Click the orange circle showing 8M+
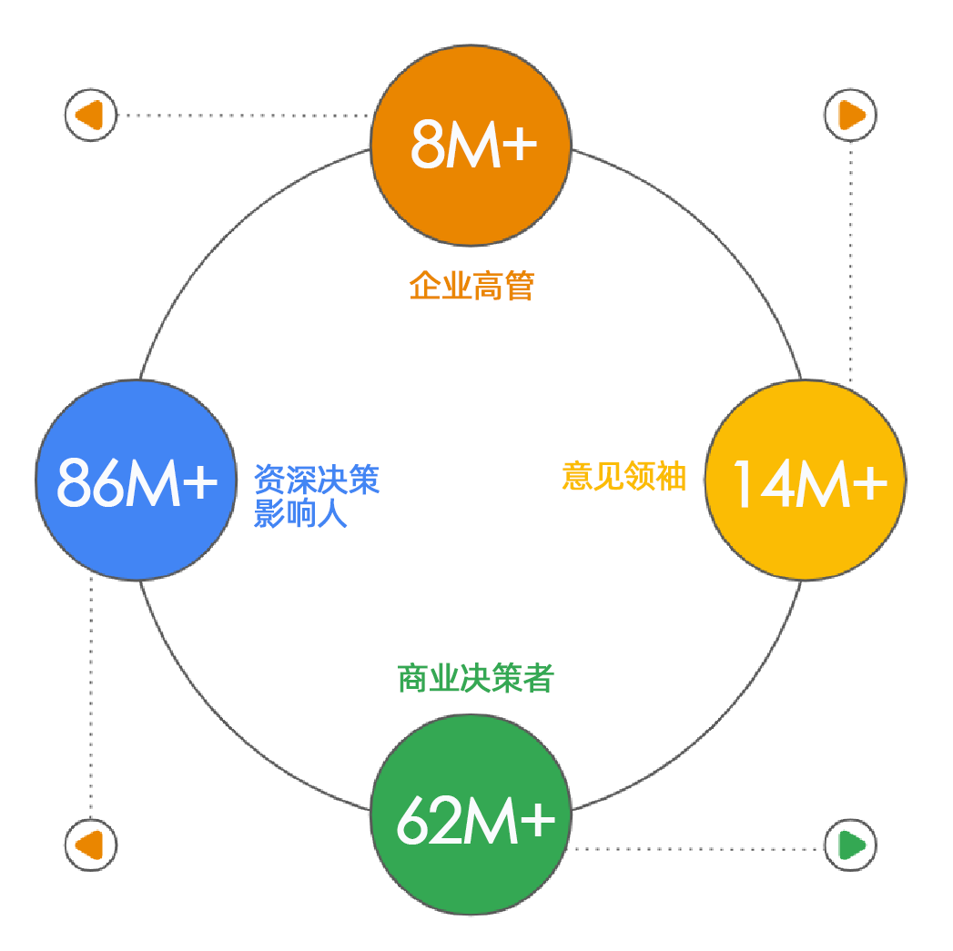[x=471, y=146]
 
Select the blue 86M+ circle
[x=137, y=481]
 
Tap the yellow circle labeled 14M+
[x=806, y=481]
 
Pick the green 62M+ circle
[x=471, y=814]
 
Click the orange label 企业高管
[x=471, y=286]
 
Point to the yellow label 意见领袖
[x=624, y=476]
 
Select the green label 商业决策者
[x=475, y=678]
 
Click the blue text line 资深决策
[x=317, y=480]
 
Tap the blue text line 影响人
[x=300, y=513]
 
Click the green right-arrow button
[x=850, y=845]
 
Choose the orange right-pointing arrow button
[x=850, y=115]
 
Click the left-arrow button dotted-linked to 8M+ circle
[x=91, y=115]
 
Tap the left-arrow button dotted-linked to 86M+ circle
[x=91, y=845]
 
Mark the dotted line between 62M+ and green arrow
[x=698, y=849]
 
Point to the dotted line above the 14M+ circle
[x=850, y=261]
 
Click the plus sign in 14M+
[x=870, y=483]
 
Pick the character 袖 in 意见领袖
[x=672, y=476]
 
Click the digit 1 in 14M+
[x=743, y=483]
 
